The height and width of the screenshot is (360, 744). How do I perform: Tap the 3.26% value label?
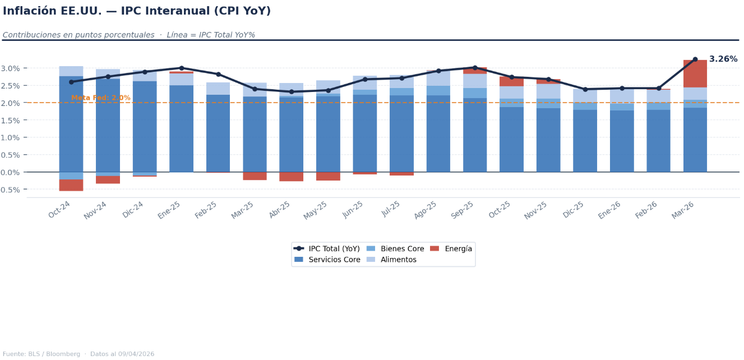[723, 59]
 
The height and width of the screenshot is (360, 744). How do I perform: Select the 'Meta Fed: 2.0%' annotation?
[100, 98]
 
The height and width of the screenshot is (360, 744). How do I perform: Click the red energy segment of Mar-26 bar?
[695, 73]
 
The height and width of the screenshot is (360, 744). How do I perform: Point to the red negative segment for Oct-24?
[71, 185]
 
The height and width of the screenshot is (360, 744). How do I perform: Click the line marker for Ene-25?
[181, 68]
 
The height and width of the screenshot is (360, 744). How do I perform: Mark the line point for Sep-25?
[475, 68]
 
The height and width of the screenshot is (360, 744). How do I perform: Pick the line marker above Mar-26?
[695, 59]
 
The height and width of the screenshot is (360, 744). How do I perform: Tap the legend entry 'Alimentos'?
[398, 260]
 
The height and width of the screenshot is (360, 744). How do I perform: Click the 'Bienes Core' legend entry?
[402, 249]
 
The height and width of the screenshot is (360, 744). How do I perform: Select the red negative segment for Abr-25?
[291, 177]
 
